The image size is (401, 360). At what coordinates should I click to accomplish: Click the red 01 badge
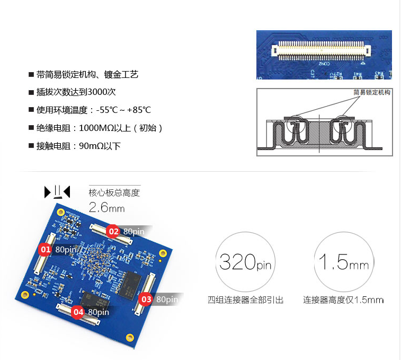(45, 249)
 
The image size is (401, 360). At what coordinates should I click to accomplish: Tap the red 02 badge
(113, 232)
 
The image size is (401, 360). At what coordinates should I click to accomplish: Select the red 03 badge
(146, 299)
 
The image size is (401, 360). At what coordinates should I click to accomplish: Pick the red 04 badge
(78, 312)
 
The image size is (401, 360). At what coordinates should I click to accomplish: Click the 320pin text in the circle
(245, 262)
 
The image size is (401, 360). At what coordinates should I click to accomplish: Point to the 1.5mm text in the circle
(343, 262)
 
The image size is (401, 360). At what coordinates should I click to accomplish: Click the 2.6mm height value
(106, 207)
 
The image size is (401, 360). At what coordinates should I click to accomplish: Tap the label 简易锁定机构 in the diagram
(372, 92)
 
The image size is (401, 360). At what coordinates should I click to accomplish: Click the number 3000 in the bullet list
(97, 92)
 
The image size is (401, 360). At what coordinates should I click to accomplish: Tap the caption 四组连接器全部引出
(245, 300)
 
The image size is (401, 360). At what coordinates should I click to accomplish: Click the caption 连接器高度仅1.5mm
(343, 300)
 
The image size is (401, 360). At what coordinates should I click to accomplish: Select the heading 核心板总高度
(114, 193)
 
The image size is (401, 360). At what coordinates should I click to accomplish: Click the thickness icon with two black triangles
(57, 192)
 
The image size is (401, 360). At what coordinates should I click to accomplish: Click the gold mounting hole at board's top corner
(60, 212)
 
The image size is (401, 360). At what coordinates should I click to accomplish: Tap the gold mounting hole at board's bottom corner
(130, 337)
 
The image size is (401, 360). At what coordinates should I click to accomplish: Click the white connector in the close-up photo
(321, 50)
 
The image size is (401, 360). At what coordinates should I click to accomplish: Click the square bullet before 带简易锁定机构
(31, 75)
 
